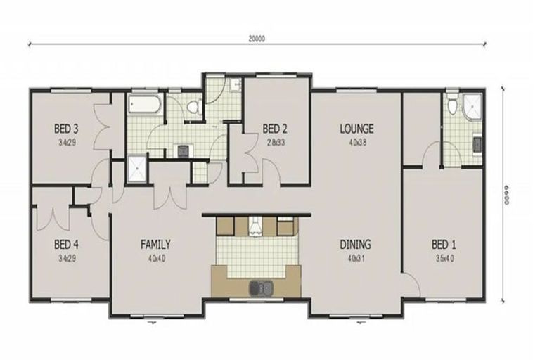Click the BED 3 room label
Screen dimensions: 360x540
pos(65,129)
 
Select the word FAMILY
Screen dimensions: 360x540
pos(155,245)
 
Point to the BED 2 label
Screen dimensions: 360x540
pos(275,129)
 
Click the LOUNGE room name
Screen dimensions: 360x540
pos(356,129)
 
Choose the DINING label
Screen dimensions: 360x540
pos(356,245)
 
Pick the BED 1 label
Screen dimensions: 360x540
pos(444,245)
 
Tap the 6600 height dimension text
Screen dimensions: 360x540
pos(505,191)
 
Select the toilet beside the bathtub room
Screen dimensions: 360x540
pos(194,108)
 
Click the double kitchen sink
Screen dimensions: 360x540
pos(261,287)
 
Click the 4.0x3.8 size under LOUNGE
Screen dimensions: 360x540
pos(356,141)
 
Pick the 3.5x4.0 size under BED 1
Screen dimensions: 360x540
pos(444,258)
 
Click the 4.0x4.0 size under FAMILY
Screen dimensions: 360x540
pos(155,257)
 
